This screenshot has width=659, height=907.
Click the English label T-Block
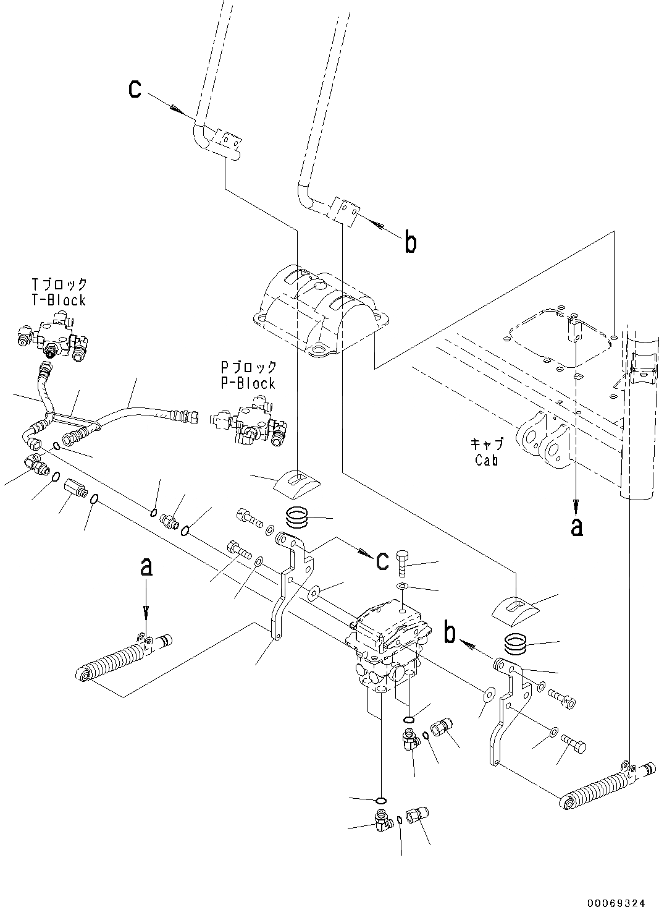59,300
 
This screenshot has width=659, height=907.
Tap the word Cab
487,460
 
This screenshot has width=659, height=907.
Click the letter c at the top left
135,89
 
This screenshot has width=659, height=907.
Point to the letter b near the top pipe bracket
410,242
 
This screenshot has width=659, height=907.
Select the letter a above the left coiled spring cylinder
146,568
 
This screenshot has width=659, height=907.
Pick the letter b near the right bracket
451,633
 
